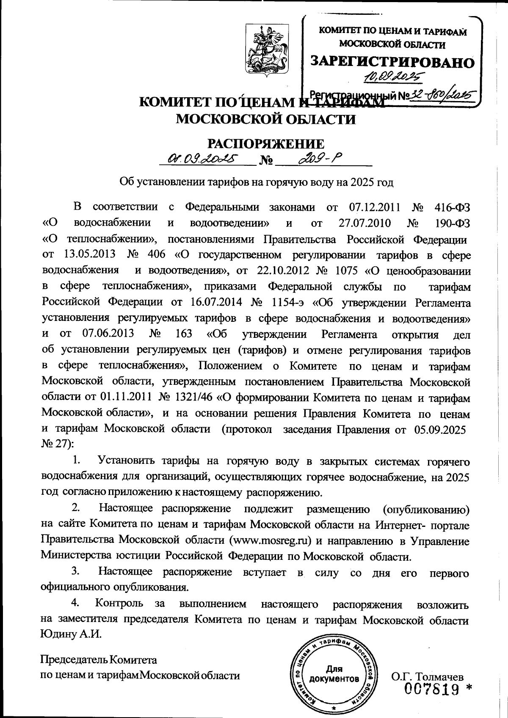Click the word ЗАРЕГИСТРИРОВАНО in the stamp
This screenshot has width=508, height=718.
click(x=392, y=62)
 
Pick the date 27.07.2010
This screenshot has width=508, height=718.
click(x=365, y=223)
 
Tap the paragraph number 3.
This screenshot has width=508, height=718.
click(x=76, y=571)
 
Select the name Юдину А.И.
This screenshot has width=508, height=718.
click(x=72, y=635)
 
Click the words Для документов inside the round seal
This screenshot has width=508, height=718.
click(x=334, y=674)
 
